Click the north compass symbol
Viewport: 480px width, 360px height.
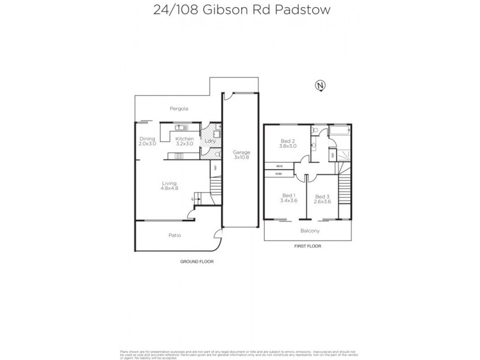click(320, 86)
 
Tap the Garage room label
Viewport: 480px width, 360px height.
click(241, 152)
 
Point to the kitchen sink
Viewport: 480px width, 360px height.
click(181, 128)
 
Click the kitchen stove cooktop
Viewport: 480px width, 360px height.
click(179, 156)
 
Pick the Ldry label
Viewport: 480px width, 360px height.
click(210, 141)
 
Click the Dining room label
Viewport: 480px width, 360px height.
click(147, 139)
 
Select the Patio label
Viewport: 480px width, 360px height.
click(174, 235)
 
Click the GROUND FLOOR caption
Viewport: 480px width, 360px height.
click(197, 262)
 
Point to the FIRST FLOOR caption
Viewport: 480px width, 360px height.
click(307, 246)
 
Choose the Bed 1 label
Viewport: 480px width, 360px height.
click(289, 196)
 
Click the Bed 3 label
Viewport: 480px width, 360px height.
click(323, 196)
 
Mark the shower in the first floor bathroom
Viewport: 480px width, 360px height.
click(343, 154)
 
